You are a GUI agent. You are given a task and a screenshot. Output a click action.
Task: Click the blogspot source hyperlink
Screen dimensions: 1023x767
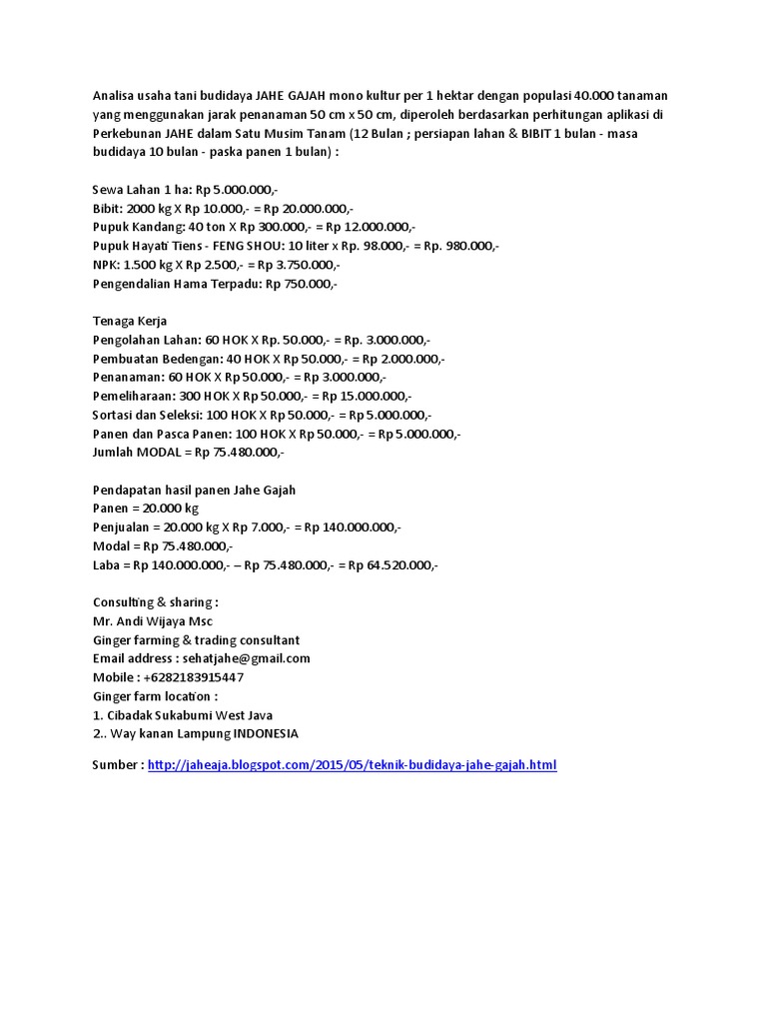pyautogui.click(x=352, y=765)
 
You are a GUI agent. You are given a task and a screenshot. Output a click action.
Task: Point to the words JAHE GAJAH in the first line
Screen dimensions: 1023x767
pyautogui.click(x=290, y=96)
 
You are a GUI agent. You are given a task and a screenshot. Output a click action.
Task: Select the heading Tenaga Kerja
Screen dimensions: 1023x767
pyautogui.click(x=129, y=321)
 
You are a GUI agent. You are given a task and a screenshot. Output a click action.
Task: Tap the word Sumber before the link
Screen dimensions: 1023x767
pyautogui.click(x=116, y=765)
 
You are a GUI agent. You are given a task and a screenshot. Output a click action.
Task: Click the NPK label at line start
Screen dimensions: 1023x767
pyautogui.click(x=104, y=265)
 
